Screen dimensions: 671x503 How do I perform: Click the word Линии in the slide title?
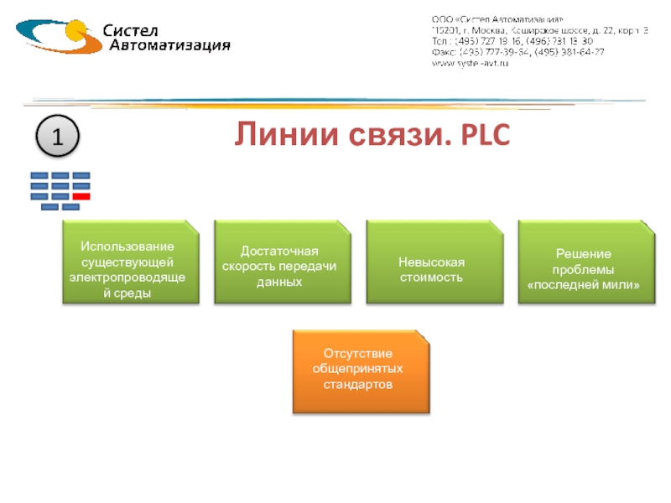276,134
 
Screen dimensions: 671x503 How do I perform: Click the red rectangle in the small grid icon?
81,195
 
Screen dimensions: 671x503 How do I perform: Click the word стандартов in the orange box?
358,384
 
